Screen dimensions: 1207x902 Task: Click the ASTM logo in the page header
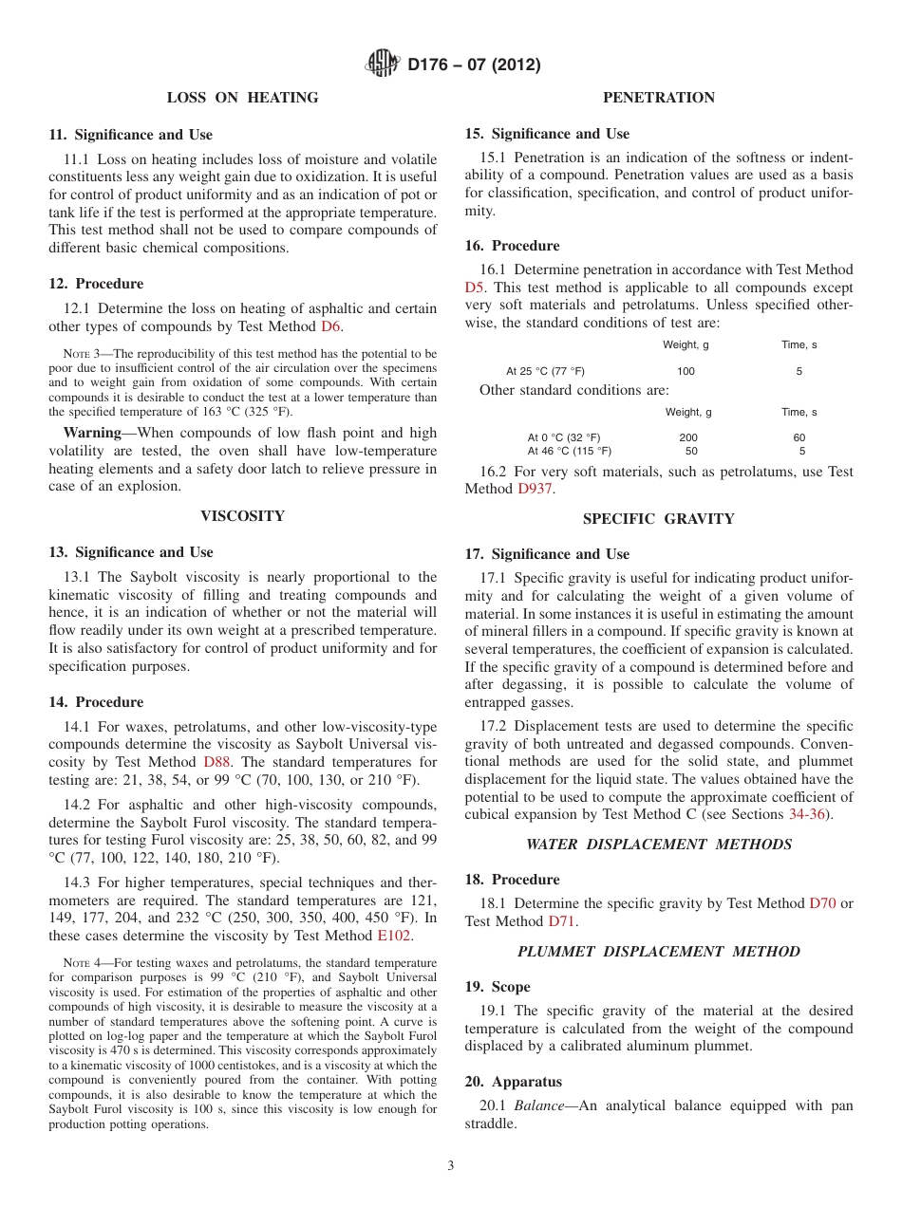383,65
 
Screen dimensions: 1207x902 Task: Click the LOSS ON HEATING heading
242,98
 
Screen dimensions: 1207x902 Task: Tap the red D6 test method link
330,326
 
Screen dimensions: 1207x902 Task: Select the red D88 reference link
215,762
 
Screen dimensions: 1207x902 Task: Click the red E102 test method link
394,936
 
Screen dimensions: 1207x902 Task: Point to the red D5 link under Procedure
474,288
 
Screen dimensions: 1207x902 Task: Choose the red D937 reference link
535,489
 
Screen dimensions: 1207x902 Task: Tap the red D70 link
822,903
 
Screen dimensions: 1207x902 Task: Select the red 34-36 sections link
809,815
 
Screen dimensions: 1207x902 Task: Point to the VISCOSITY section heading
242,516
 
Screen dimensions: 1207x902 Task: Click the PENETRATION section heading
658,98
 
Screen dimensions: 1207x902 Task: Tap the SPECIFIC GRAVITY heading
658,519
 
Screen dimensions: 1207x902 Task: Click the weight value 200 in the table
688,437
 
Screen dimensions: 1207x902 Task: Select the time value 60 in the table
799,437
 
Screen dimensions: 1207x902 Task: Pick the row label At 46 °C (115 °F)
570,452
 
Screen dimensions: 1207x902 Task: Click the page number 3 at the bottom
451,1166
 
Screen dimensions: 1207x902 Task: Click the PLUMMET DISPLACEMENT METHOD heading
658,952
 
